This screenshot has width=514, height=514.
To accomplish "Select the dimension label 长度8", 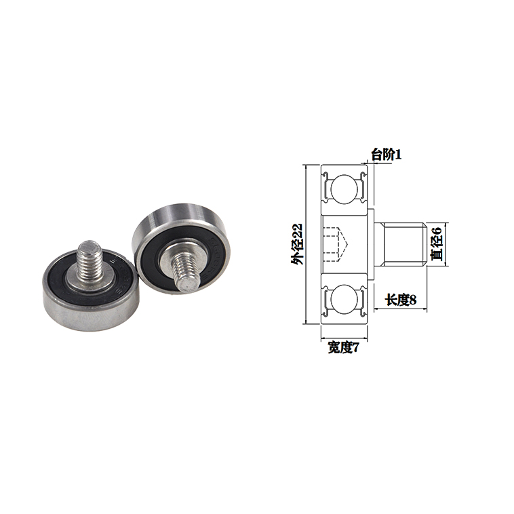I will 400,299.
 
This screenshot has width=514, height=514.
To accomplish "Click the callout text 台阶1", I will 387,155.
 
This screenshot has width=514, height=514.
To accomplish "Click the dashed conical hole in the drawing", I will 336,243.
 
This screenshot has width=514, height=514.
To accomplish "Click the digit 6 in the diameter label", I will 437,231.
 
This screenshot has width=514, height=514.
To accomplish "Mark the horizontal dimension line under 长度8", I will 400,309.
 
